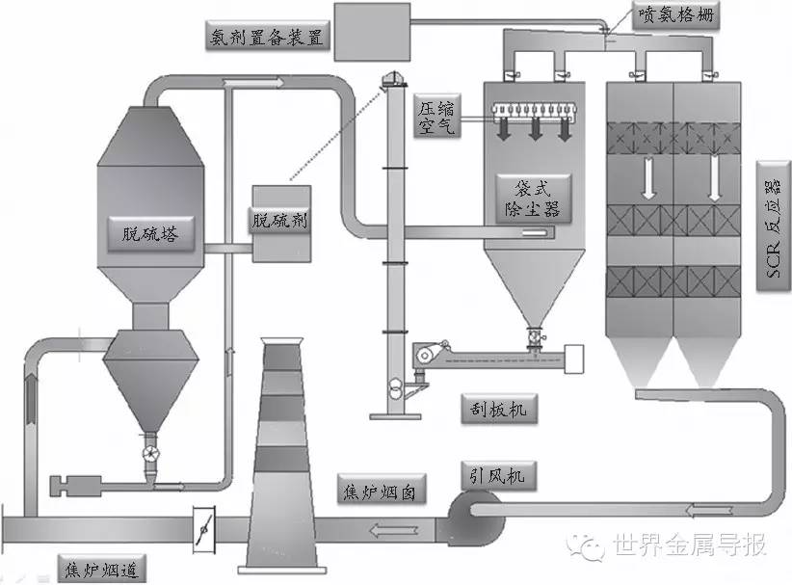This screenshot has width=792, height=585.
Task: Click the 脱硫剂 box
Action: click(278, 221)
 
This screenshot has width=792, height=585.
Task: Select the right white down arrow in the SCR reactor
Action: click(715, 180)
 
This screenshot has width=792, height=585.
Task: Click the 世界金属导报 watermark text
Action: click(689, 546)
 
